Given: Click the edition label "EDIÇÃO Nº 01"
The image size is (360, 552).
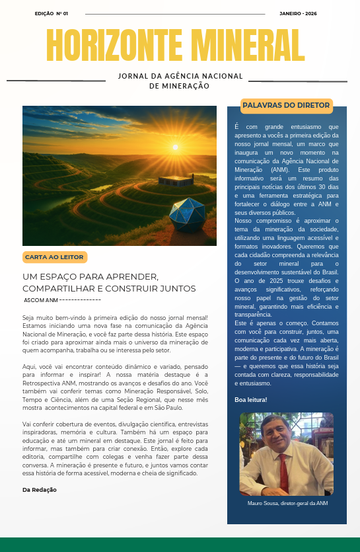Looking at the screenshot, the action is pos(52,13).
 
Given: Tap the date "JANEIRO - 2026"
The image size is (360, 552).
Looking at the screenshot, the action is pos(298,13).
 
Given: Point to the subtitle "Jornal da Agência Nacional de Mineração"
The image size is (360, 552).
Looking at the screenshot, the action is pos(180,81).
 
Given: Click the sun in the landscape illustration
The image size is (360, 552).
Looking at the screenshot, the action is pos(176,147).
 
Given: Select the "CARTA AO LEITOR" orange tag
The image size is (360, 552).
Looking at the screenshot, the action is pos(55,256).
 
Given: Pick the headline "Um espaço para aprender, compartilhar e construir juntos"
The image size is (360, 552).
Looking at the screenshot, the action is pos(109,282).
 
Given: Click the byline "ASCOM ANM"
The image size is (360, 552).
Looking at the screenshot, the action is pos(41,300).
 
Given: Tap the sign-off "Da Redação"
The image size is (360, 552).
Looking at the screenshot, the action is pos(40,490).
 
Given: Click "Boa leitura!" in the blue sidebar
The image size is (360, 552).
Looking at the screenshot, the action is pos(251,400).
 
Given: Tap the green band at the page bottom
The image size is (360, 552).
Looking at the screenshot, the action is pos(180,545).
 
